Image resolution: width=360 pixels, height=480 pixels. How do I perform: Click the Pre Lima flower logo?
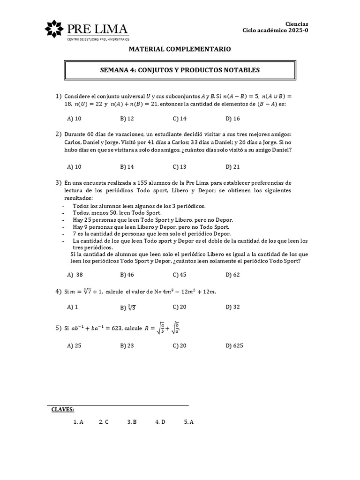[55, 30]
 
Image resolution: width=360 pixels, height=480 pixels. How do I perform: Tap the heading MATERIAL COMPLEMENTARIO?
[180, 49]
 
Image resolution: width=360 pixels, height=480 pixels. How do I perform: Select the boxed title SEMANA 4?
[180, 70]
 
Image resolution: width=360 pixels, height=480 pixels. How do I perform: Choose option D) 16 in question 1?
[232, 119]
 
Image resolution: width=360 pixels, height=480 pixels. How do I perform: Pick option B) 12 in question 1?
[127, 119]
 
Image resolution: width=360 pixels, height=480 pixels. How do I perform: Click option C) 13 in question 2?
[180, 166]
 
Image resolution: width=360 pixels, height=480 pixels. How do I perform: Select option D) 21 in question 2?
[232, 166]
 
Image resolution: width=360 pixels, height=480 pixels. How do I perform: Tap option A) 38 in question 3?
[75, 275]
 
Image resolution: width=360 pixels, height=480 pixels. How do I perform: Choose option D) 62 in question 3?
[232, 275]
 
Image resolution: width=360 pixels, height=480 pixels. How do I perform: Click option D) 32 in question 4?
[232, 307]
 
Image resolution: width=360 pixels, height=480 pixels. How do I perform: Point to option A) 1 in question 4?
[72, 307]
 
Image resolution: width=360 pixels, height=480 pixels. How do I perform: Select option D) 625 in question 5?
[234, 346]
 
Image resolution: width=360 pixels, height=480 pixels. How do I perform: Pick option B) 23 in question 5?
[127, 346]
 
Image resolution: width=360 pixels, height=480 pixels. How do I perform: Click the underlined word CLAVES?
[63, 409]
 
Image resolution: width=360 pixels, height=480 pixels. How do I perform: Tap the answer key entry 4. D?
[160, 422]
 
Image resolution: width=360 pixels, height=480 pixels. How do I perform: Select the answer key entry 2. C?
[104, 422]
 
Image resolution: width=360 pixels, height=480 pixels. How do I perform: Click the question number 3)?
[59, 182]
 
